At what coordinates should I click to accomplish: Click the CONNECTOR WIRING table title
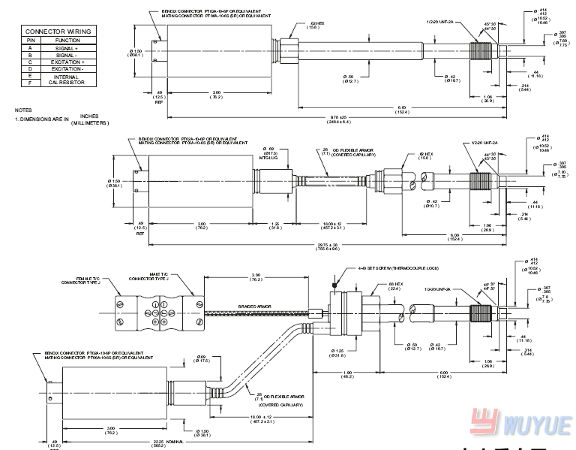pyautogui.click(x=58, y=32)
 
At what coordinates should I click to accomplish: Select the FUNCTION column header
pyautogui.click(x=67, y=40)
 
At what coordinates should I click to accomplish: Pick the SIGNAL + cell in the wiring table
pyautogui.click(x=67, y=47)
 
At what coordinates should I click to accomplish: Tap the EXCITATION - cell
pyautogui.click(x=67, y=68)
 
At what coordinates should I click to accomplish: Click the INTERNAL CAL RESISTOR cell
pyautogui.click(x=67, y=79)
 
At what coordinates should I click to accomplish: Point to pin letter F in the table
pyautogui.click(x=30, y=83)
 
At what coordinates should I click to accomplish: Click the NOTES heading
pyautogui.click(x=24, y=110)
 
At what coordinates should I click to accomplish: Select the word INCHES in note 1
pyautogui.click(x=89, y=116)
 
